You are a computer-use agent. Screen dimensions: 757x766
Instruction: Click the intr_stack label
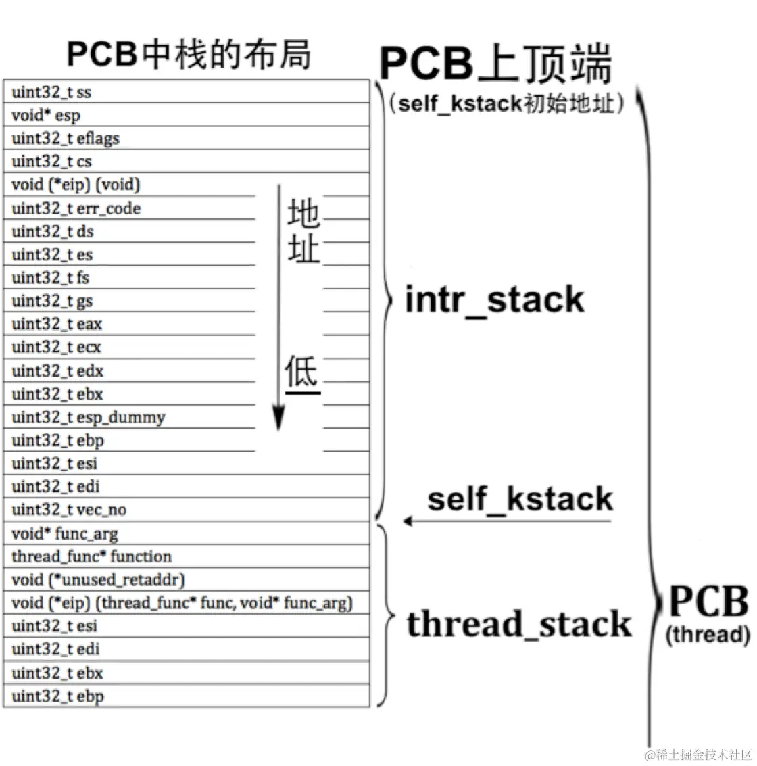coord(494,300)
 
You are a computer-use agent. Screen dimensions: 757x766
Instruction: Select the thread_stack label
coord(519,624)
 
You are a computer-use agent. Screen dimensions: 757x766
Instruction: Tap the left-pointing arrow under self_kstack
coord(507,521)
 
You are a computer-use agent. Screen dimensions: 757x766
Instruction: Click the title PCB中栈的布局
coord(189,55)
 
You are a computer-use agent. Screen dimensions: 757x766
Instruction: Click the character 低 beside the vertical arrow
coord(301,372)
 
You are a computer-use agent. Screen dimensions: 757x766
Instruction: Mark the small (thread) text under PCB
coord(708,635)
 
